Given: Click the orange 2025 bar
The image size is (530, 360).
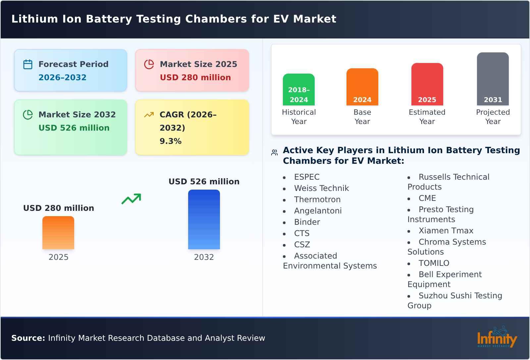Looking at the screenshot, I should [x=58, y=233].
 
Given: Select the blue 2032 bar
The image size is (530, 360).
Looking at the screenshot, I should [x=204, y=219].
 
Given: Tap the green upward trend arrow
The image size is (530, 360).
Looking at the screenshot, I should [x=131, y=199].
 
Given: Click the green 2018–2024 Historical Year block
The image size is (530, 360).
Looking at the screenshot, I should [x=298, y=90].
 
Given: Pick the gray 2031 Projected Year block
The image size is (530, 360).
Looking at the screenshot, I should [x=493, y=79].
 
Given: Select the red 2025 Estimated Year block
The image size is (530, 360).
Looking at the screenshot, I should [x=427, y=84].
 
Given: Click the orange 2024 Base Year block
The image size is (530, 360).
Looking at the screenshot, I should [x=362, y=87].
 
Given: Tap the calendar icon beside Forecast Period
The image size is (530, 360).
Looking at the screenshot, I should [x=28, y=64].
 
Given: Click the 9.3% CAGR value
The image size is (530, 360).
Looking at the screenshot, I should [x=170, y=141].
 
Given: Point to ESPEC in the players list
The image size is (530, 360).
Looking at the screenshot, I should [x=307, y=177].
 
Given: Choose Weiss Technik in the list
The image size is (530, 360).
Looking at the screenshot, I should [x=321, y=188].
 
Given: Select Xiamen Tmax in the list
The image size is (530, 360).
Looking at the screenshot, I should [x=446, y=231].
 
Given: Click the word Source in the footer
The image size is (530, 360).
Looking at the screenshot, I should [x=28, y=338].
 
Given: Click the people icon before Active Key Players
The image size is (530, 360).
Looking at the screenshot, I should [x=274, y=153].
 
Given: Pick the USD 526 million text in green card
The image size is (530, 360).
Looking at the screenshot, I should [x=74, y=128].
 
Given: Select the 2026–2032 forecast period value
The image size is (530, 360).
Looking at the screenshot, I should [x=62, y=78].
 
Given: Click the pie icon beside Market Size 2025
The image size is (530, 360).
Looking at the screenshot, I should [x=149, y=64].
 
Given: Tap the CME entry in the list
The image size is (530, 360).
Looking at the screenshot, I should [x=427, y=198].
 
